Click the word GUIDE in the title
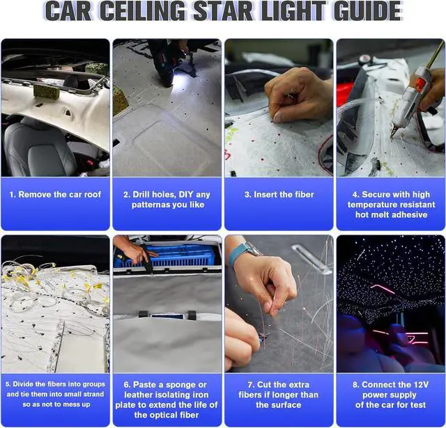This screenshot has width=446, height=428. point(367,11)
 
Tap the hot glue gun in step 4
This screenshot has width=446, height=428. point(410,99)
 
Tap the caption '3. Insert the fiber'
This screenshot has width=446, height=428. point(279,195)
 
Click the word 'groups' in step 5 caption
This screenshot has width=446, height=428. point(94,385)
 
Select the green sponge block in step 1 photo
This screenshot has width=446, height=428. point(47,91)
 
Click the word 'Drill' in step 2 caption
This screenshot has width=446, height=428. point(141,195)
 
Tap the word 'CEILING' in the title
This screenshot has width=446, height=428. point(142,11)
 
